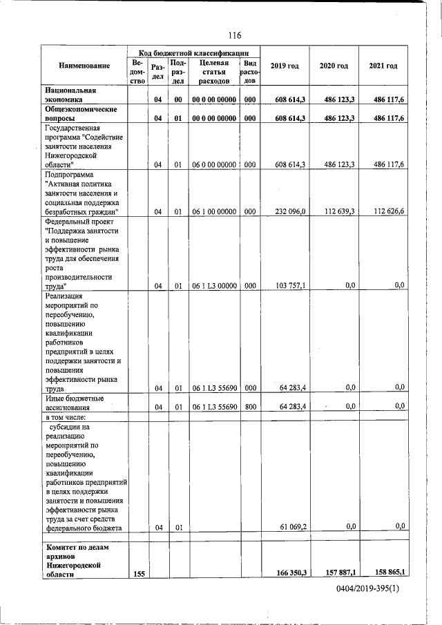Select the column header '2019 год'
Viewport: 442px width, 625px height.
click(x=285, y=66)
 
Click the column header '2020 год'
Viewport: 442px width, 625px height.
click(x=334, y=66)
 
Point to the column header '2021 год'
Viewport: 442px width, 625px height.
click(x=383, y=66)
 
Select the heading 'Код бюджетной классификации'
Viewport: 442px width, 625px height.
click(x=193, y=52)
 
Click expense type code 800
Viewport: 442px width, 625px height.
click(x=249, y=407)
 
